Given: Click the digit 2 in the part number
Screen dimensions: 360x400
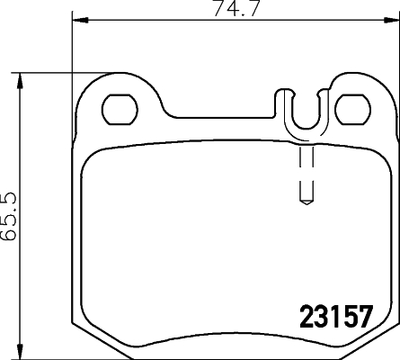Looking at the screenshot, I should [306, 318].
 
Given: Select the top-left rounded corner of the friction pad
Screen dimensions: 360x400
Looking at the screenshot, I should [95, 156].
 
